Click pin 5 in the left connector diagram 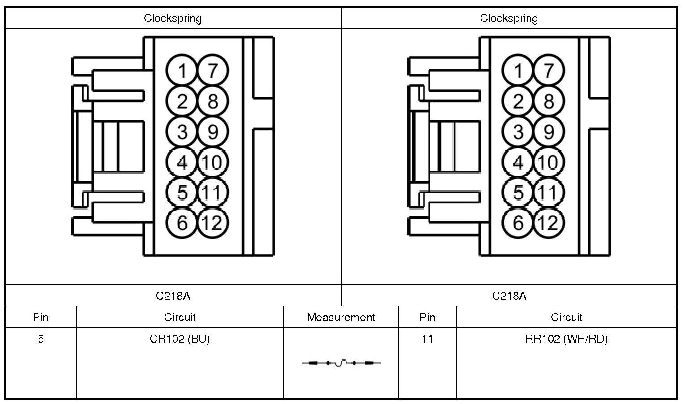[182, 193]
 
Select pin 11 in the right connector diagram [548, 193]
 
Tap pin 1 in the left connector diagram [182, 71]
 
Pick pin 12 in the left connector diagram [212, 223]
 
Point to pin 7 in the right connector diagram [548, 71]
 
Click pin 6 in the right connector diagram [518, 223]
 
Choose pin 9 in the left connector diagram [212, 132]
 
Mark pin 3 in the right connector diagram [518, 132]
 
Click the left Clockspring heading [173, 18]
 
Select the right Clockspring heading [509, 18]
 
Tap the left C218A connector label [173, 296]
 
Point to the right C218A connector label [509, 296]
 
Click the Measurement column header [341, 318]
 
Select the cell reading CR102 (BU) [180, 339]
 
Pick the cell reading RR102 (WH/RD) [566, 339]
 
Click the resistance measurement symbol [341, 363]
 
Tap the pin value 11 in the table [427, 339]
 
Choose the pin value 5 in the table [41, 339]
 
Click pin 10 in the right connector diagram [548, 162]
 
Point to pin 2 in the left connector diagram [182, 101]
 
